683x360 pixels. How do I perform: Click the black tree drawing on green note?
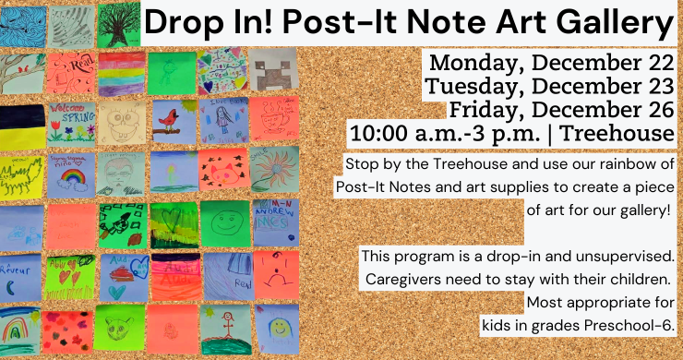118,22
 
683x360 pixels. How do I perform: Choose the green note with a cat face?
119,327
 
